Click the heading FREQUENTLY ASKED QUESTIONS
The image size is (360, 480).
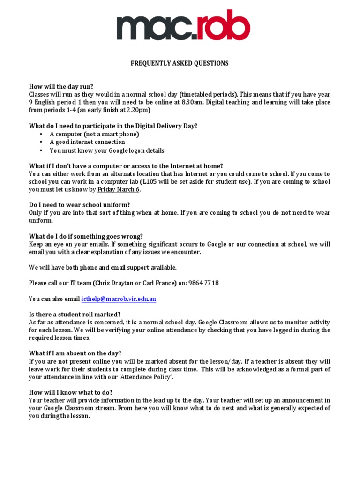(180, 63)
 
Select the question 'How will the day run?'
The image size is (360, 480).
(61, 86)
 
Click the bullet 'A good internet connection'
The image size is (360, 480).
(87, 142)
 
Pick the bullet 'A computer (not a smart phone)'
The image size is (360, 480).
(94, 134)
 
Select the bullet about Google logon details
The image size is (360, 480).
(107, 150)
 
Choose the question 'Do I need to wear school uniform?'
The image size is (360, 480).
(80, 205)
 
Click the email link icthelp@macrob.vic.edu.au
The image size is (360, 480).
(119, 299)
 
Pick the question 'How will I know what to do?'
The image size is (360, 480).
(70, 392)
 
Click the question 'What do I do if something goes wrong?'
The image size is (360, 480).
(86, 236)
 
